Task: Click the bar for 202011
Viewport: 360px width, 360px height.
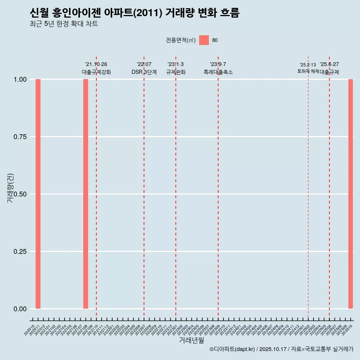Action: [38, 194]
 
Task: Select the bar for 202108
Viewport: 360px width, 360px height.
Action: [85, 194]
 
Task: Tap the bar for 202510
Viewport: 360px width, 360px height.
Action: [351, 194]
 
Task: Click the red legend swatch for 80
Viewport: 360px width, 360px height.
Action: [204, 40]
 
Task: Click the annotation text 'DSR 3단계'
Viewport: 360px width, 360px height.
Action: [144, 72]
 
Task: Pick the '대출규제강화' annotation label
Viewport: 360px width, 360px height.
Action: [96, 72]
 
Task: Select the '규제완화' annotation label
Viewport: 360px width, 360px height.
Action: [175, 72]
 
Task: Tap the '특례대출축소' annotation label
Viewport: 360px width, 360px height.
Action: [218, 72]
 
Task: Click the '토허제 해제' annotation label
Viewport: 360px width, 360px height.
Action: [308, 71]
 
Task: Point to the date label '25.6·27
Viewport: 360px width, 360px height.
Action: [329, 64]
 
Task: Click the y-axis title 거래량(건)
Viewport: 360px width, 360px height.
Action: [10, 188]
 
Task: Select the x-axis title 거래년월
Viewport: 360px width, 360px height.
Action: [191, 340]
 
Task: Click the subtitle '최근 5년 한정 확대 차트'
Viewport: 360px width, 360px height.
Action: [64, 24]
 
